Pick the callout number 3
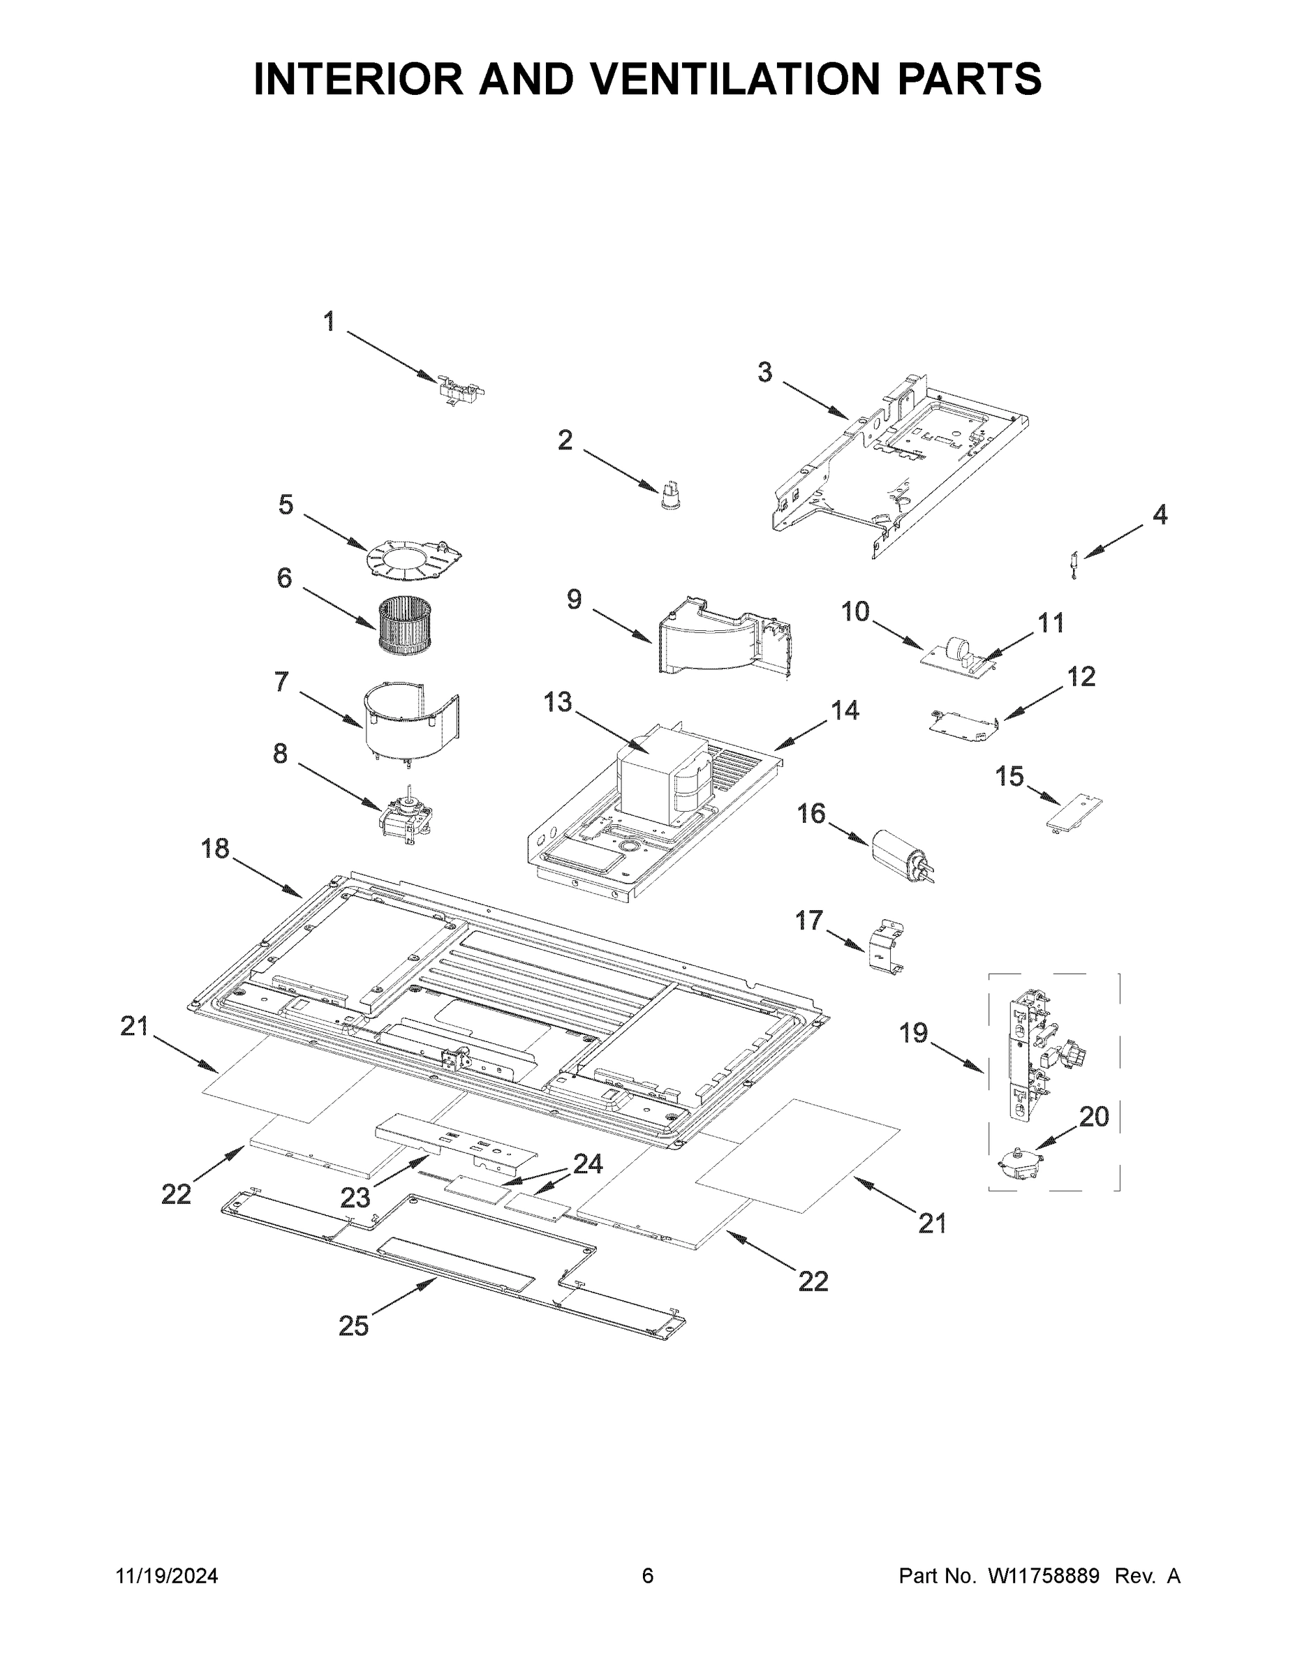click(x=765, y=373)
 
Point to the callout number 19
click(x=913, y=1034)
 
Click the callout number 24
click(x=588, y=1164)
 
